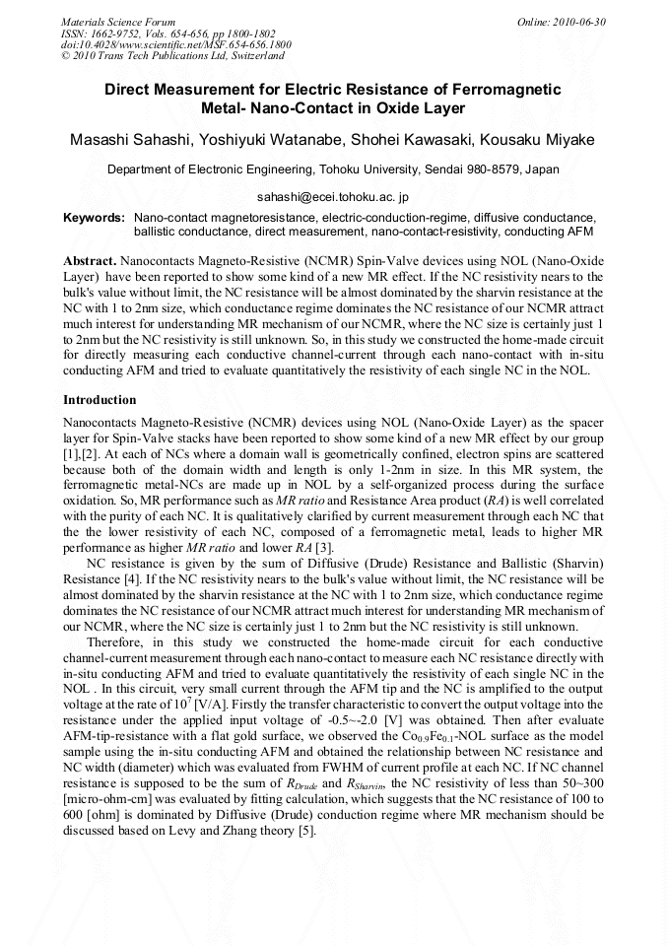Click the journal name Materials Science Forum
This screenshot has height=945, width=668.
click(x=118, y=22)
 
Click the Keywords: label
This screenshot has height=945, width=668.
click(x=94, y=216)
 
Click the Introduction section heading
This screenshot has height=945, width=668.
click(x=100, y=401)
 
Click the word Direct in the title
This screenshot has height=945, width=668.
click(x=133, y=90)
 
